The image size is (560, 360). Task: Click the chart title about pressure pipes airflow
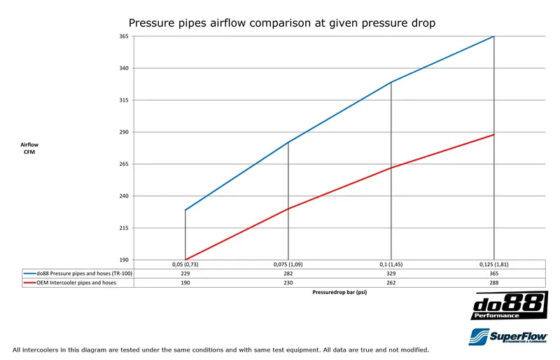click(282, 23)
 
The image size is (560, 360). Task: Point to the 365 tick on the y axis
click(123, 36)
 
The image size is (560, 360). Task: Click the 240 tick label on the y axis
click(123, 196)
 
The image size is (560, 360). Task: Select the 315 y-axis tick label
click(123, 100)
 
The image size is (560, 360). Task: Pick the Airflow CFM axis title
click(30, 148)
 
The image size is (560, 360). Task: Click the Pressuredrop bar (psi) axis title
click(339, 293)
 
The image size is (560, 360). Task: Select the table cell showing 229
click(185, 273)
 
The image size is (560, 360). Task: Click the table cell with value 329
click(391, 273)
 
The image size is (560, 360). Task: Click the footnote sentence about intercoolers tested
click(220, 349)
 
